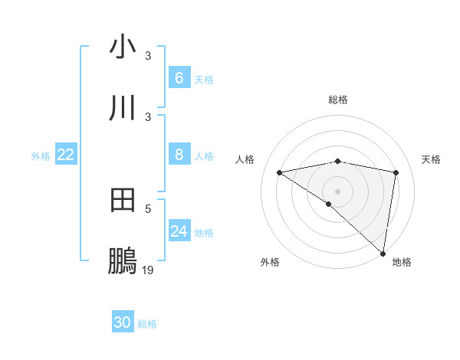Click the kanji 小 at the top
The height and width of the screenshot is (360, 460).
(123, 47)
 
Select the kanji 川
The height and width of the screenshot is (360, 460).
(123, 108)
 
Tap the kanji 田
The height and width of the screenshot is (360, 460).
(123, 201)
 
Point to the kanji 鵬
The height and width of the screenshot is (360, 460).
(123, 262)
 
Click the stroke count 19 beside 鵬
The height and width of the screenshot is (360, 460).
(148, 270)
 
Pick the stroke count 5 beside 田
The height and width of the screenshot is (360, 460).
(148, 208)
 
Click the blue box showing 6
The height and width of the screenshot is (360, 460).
(179, 78)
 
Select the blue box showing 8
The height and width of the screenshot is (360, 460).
(179, 155)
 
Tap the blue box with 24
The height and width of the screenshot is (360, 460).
(179, 231)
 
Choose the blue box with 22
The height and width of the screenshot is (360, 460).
(66, 155)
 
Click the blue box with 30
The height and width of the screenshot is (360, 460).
(123, 322)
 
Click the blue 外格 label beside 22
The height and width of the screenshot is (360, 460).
(41, 155)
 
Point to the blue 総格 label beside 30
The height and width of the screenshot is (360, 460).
(147, 324)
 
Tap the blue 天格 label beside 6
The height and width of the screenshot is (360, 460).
(204, 79)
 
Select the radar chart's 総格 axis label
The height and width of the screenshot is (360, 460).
(338, 100)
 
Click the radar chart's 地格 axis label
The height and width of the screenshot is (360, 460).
(402, 262)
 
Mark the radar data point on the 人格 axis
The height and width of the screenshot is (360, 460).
(280, 172)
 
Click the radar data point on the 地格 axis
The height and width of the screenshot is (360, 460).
(383, 254)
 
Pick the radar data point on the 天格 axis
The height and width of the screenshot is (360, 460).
(396, 172)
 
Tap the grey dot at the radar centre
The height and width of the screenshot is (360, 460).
(338, 191)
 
